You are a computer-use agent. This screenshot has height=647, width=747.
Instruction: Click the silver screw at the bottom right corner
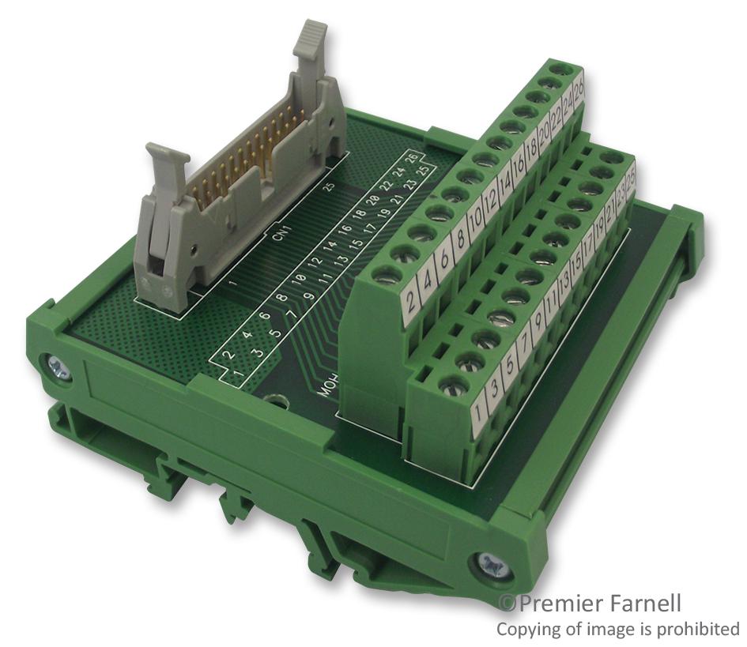[x=487, y=565]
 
